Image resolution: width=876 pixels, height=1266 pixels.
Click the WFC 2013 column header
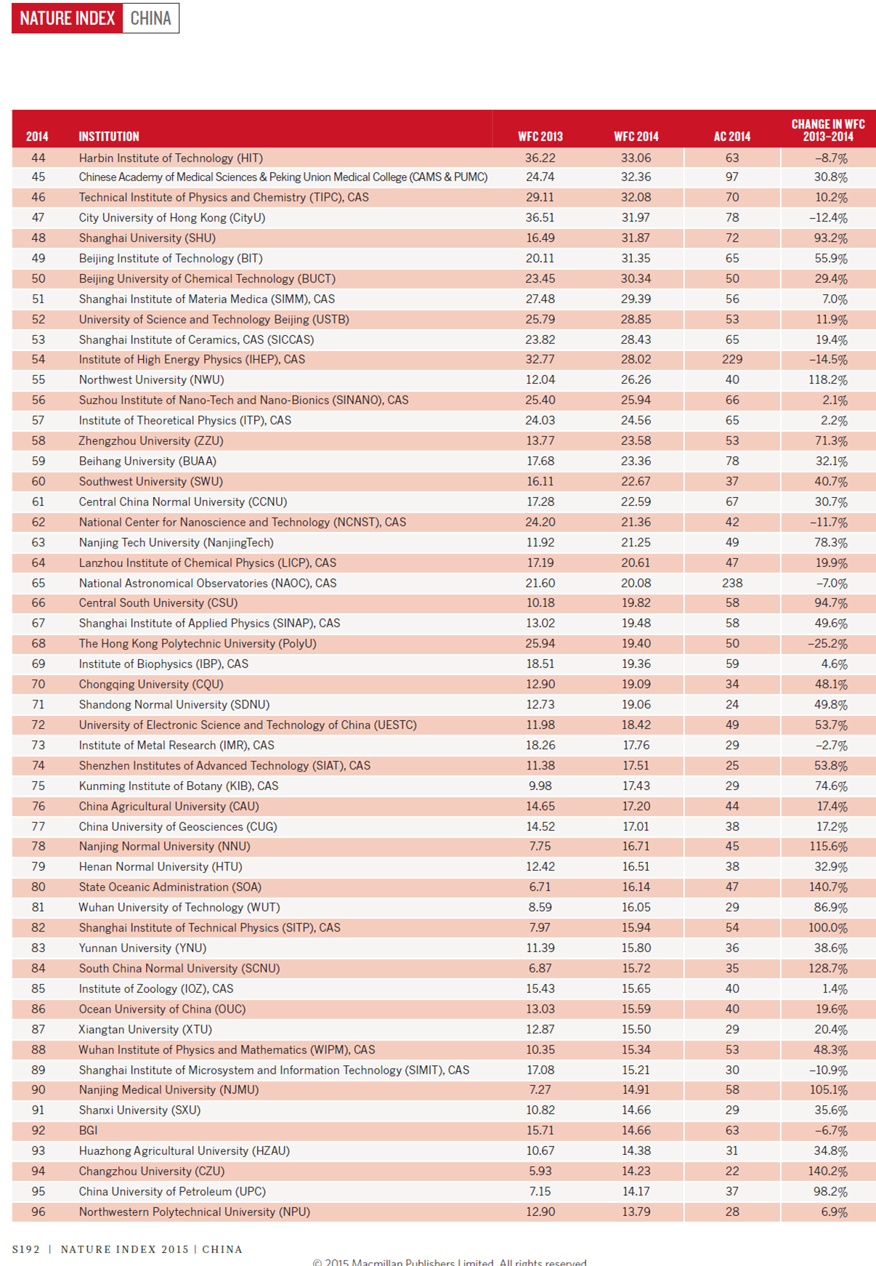pos(540,137)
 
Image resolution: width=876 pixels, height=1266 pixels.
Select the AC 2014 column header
pos(731,137)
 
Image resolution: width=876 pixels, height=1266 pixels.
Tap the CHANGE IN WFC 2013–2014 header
pos(827,130)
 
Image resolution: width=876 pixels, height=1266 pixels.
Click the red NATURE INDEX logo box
pos(68,18)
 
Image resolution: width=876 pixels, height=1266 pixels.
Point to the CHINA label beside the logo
pos(150,18)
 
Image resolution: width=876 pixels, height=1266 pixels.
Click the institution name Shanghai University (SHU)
pos(147,238)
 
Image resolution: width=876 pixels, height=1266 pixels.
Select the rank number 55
pos(38,380)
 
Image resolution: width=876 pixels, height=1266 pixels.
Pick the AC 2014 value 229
pos(731,360)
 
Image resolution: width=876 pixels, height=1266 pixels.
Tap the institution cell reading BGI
pos(88,1131)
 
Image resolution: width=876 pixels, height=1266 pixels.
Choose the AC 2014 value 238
pos(731,584)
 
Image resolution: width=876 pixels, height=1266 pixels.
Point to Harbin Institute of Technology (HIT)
pos(171,158)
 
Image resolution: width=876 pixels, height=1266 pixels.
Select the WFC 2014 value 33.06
pos(636,158)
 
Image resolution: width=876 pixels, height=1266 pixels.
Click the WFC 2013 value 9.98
pos(540,786)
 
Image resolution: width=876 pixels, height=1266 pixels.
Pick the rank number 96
pos(38,1212)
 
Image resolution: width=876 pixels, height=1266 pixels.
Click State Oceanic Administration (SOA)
pos(170,887)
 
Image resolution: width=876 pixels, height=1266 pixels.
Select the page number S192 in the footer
pos(26,1249)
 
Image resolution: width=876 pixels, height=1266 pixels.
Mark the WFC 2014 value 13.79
pos(636,1212)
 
